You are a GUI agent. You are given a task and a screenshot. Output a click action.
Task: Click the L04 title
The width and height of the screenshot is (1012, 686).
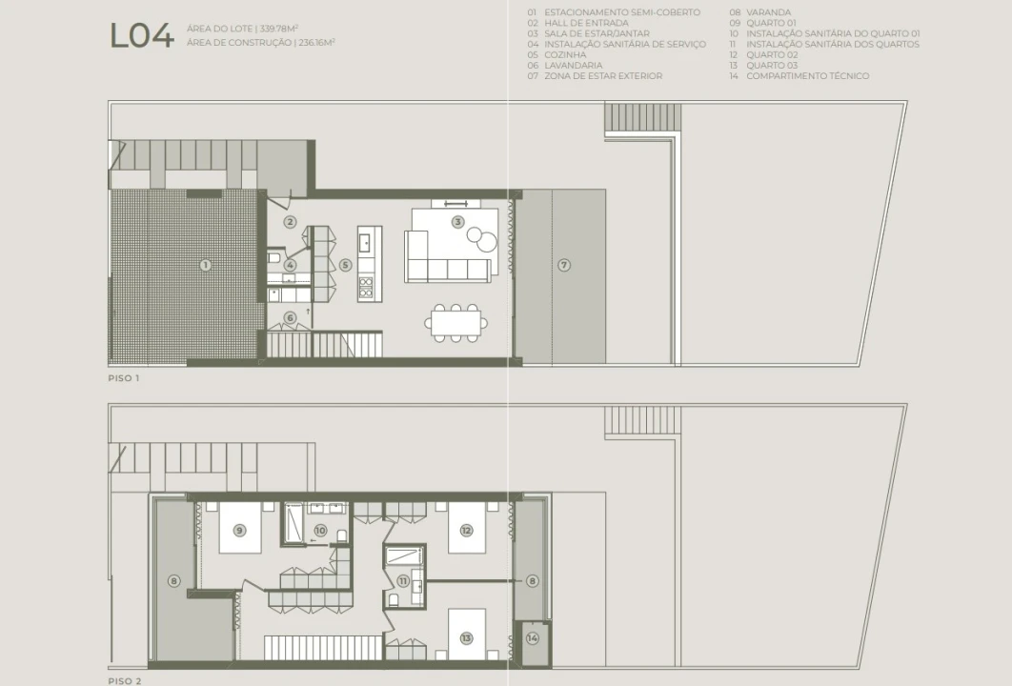tap(142, 35)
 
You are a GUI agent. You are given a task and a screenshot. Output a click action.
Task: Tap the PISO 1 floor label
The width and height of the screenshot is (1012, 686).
tap(123, 378)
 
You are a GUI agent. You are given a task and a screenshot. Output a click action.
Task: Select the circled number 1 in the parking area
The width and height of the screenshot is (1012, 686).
tap(205, 265)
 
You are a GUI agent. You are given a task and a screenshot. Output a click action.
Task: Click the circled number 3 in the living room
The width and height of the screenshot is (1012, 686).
tap(457, 222)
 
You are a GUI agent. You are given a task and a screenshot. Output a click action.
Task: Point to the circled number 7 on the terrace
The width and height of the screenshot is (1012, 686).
tap(564, 265)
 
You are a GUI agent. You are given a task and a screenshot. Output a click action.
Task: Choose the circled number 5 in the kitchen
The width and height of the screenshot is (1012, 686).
tap(345, 265)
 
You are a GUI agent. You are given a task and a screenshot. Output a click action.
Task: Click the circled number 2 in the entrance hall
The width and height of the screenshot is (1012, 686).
tap(290, 222)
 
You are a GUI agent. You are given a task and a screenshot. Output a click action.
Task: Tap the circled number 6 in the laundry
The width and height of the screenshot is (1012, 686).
tap(290, 317)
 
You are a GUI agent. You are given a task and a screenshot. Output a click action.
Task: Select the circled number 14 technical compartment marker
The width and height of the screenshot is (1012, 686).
tap(533, 638)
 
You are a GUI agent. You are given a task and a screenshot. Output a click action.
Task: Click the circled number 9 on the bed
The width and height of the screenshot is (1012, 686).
tap(239, 531)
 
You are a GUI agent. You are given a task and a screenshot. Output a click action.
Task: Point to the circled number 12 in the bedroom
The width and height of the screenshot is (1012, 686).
tap(466, 531)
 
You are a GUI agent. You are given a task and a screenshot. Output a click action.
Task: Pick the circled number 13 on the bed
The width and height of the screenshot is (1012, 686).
tap(466, 638)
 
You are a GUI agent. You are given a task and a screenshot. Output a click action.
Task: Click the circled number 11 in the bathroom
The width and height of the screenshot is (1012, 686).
tap(403, 581)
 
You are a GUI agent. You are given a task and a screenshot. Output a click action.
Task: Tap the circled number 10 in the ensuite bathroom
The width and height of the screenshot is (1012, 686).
tap(320, 531)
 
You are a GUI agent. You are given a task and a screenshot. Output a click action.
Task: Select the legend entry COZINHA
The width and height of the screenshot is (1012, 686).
tap(565, 55)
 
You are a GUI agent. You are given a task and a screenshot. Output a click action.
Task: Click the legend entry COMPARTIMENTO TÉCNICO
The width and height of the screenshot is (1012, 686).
tap(807, 76)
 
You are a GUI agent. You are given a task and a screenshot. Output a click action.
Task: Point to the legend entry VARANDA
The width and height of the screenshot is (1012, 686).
tap(768, 12)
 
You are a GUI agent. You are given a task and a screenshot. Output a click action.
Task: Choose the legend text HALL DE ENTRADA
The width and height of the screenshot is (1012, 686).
tap(586, 23)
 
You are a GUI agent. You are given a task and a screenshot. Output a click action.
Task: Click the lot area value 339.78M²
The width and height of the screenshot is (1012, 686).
tap(279, 29)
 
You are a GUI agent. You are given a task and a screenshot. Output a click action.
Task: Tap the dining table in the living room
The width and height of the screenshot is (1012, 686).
tap(456, 323)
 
